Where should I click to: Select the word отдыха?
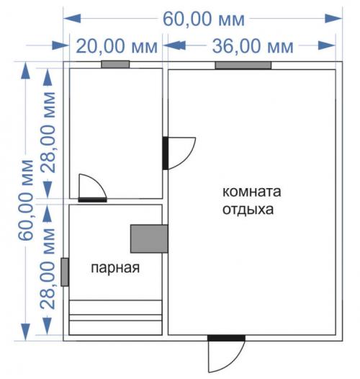(248, 210)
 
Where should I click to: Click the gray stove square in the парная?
(149, 238)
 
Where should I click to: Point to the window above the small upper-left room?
(114, 65)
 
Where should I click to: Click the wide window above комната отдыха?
(243, 66)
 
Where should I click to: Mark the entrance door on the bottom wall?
(225, 337)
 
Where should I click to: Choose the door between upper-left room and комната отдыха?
(166, 153)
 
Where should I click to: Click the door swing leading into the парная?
(92, 189)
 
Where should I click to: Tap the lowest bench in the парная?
(115, 326)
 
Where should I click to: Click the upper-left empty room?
(115, 130)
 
